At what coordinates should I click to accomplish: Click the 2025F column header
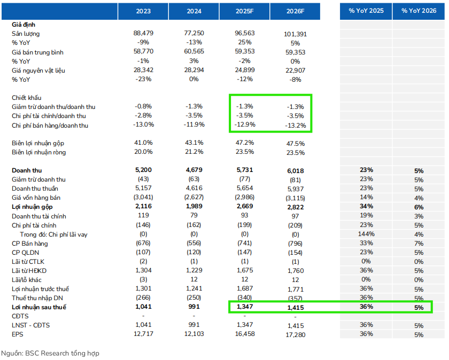tap(244, 11)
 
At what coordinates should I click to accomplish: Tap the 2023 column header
tap(143, 11)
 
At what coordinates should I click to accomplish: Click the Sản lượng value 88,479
tap(143, 34)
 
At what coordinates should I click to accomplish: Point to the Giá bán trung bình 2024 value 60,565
tap(193, 52)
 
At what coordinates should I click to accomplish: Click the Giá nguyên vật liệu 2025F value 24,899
tap(244, 71)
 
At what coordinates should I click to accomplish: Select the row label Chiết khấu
tap(27, 98)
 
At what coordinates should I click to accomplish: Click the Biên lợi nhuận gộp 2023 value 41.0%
tap(143, 143)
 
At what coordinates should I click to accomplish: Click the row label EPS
tap(18, 334)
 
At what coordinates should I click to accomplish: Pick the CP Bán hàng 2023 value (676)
tap(143, 244)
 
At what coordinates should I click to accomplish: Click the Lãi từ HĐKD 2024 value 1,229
tap(193, 271)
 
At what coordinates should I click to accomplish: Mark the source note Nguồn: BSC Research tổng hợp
tap(50, 353)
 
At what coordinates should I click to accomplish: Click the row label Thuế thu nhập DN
tap(38, 298)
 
